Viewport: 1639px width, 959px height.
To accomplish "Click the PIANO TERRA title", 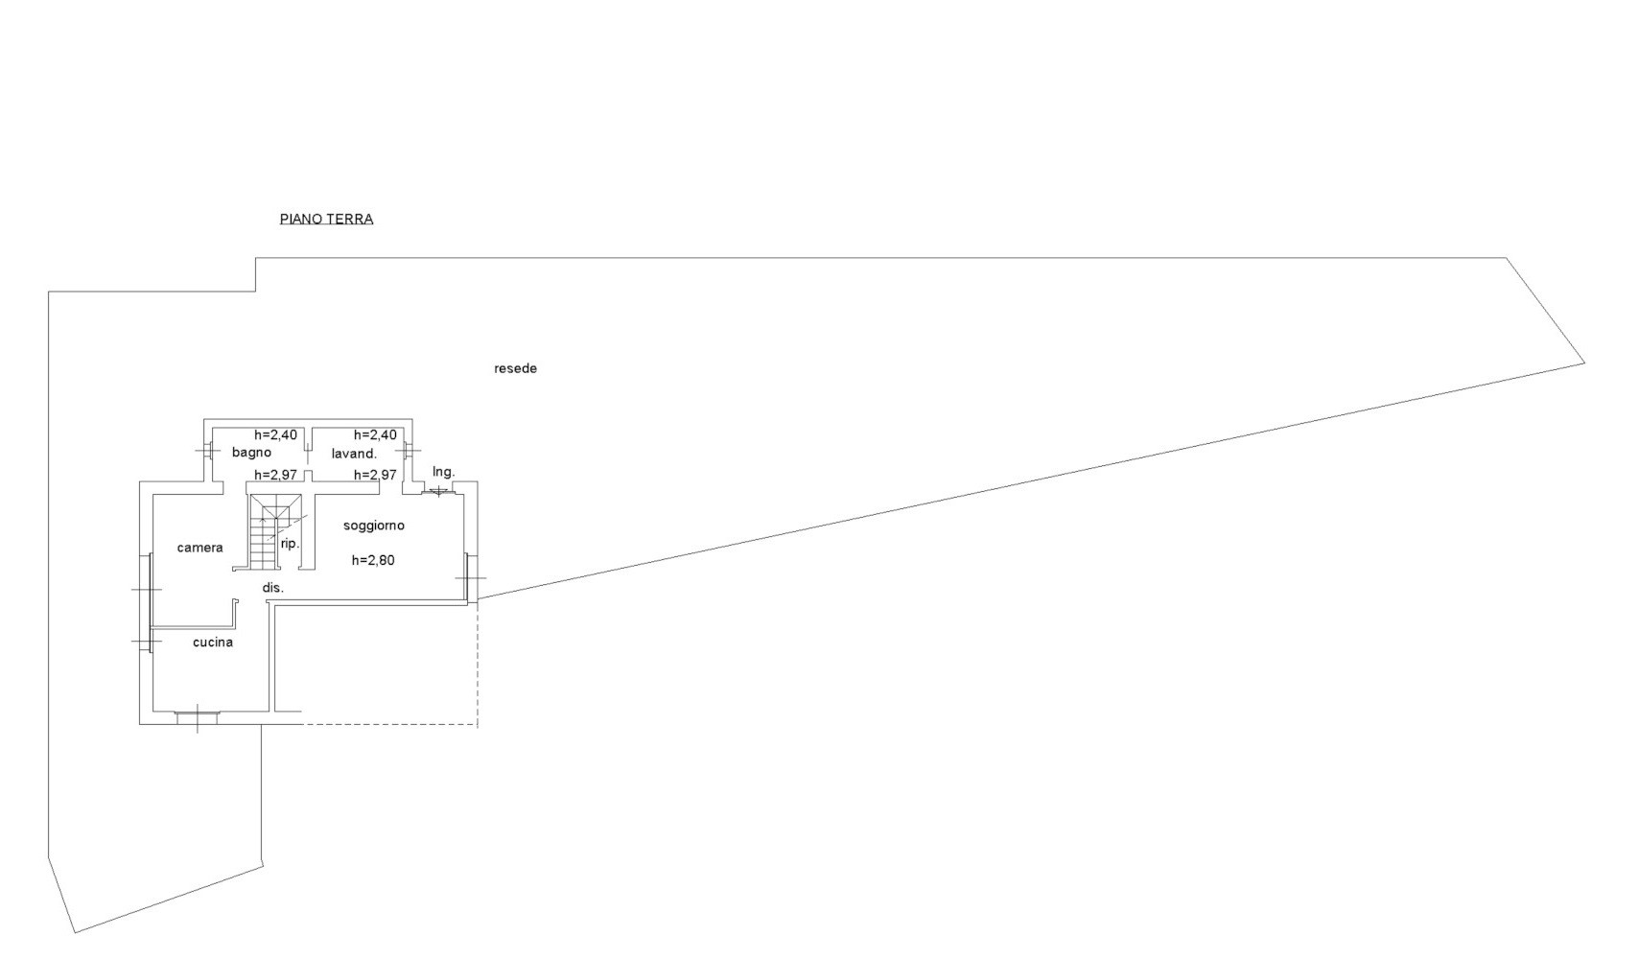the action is (x=326, y=219).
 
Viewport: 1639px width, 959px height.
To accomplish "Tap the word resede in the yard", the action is (x=515, y=368).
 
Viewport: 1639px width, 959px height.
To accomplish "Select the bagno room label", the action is (x=251, y=453).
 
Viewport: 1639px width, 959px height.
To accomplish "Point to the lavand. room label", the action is (x=354, y=454).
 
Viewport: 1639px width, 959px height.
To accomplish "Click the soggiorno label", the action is (x=374, y=526).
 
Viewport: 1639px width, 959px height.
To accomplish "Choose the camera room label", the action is (x=199, y=548).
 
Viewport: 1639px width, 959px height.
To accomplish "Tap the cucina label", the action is (x=213, y=643).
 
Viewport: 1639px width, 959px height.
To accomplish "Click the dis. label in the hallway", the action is (x=273, y=588).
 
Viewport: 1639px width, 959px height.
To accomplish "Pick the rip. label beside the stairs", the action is (x=291, y=544).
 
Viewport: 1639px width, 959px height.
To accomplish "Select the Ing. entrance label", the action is (x=443, y=472).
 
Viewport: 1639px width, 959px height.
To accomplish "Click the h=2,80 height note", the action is (x=373, y=560).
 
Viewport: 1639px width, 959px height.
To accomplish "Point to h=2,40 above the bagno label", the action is (x=276, y=434).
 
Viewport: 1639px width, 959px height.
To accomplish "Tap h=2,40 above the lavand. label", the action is (x=375, y=434).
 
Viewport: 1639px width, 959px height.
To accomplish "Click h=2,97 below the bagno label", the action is (x=276, y=475).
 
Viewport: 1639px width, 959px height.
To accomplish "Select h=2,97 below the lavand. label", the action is (x=375, y=475).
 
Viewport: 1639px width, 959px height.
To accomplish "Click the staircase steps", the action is (x=265, y=532).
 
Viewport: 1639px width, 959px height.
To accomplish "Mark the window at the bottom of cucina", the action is (x=198, y=717).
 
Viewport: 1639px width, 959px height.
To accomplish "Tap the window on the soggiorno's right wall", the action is (x=468, y=578).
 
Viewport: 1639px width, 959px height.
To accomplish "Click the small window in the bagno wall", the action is (x=208, y=449).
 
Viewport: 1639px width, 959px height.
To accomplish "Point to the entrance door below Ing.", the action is (x=439, y=492).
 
